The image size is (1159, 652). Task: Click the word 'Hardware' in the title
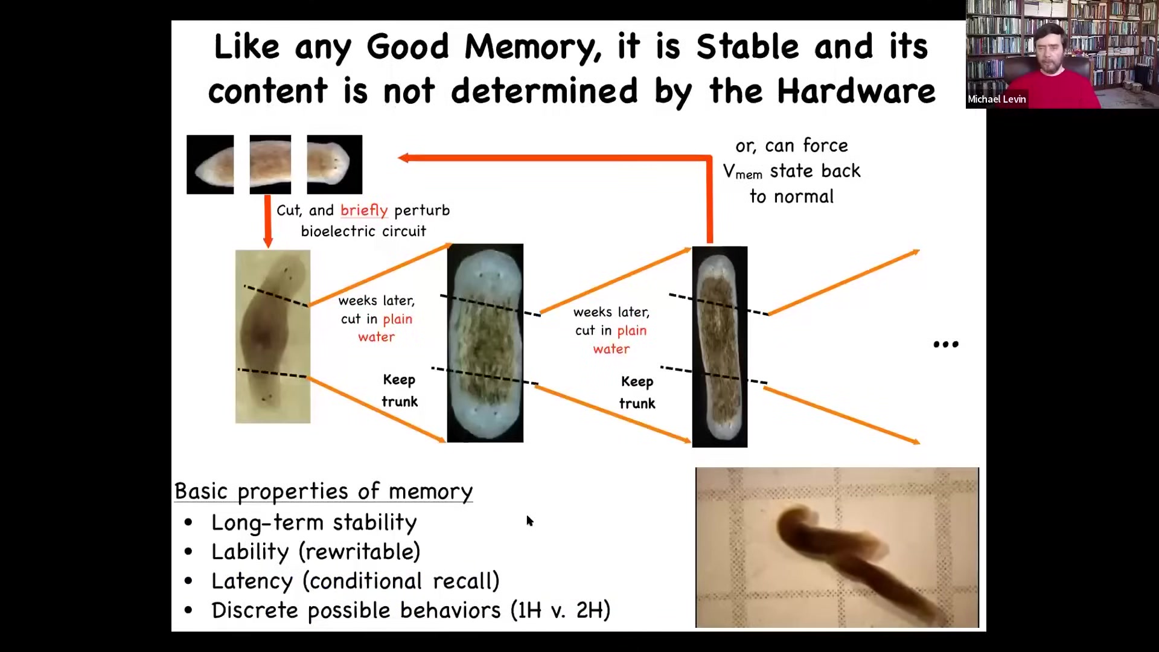[x=856, y=91]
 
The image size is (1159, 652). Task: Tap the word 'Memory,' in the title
[x=532, y=48]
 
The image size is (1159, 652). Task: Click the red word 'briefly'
[x=364, y=211]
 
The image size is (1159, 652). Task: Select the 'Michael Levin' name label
[x=997, y=99]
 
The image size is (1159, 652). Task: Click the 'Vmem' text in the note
[x=742, y=172]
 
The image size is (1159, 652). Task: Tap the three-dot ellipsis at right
[x=946, y=345]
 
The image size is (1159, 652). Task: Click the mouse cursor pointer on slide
[x=529, y=521]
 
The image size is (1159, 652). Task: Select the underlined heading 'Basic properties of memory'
[x=324, y=491]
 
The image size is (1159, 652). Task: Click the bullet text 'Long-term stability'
[x=314, y=523]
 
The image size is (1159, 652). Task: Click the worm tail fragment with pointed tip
[x=210, y=164]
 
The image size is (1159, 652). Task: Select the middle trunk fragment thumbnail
[x=270, y=164]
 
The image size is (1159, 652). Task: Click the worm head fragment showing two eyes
[x=334, y=164]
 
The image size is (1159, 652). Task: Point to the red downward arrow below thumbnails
[x=268, y=221]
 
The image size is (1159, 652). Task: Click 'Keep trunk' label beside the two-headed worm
[x=399, y=391]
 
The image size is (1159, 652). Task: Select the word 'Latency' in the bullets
[x=252, y=581]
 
